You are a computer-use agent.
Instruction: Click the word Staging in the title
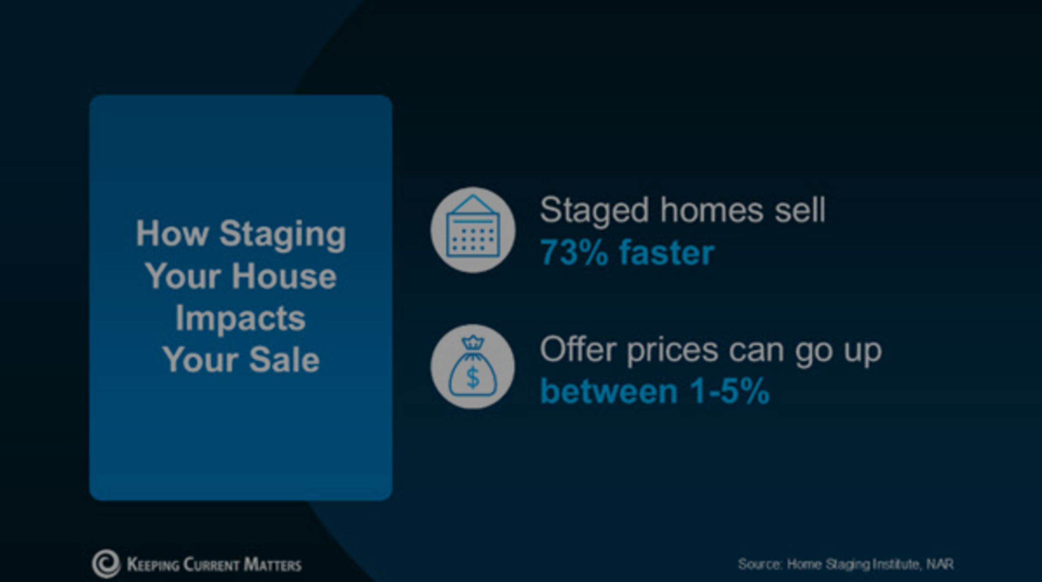coord(282,235)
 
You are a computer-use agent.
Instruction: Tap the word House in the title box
coord(284,277)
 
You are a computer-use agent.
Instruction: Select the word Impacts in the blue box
coord(241,318)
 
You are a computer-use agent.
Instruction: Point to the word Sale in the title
coord(284,360)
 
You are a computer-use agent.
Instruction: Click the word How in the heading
coord(172,234)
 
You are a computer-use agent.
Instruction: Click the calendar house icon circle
coord(473,230)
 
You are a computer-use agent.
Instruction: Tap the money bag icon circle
coord(473,367)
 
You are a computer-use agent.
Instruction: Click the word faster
coord(667,253)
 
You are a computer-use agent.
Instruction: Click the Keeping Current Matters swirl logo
coord(106,564)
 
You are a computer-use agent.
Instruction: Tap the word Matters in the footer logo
coord(272,565)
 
